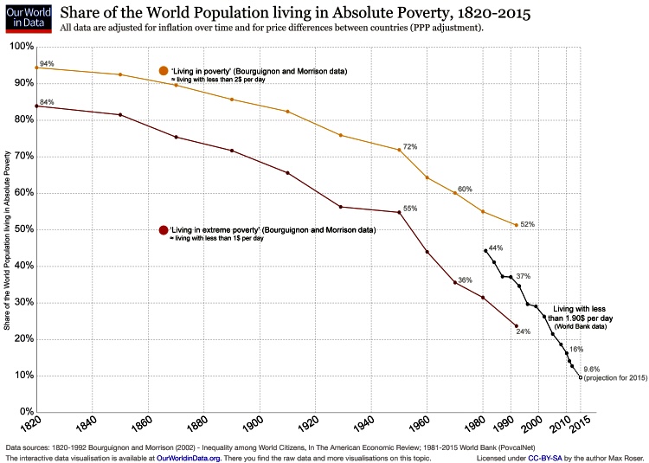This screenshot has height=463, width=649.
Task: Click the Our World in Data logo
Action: coord(28,18)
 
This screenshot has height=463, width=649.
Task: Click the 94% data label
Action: coord(47,64)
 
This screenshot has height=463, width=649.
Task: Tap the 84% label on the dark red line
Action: coord(47,102)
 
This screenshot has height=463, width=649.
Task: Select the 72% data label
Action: coord(410,147)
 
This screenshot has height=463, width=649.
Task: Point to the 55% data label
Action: coord(410,208)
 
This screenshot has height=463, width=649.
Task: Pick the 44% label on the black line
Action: coord(496,248)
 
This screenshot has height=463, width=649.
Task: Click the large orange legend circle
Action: coord(164,70)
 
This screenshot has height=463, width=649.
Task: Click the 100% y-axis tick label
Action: coord(19,46)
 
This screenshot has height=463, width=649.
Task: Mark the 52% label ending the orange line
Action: coord(527,225)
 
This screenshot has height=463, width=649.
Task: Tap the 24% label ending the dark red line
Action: coord(523,331)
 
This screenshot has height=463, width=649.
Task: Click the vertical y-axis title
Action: coord(8,229)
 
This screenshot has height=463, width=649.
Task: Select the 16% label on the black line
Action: coord(576,348)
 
